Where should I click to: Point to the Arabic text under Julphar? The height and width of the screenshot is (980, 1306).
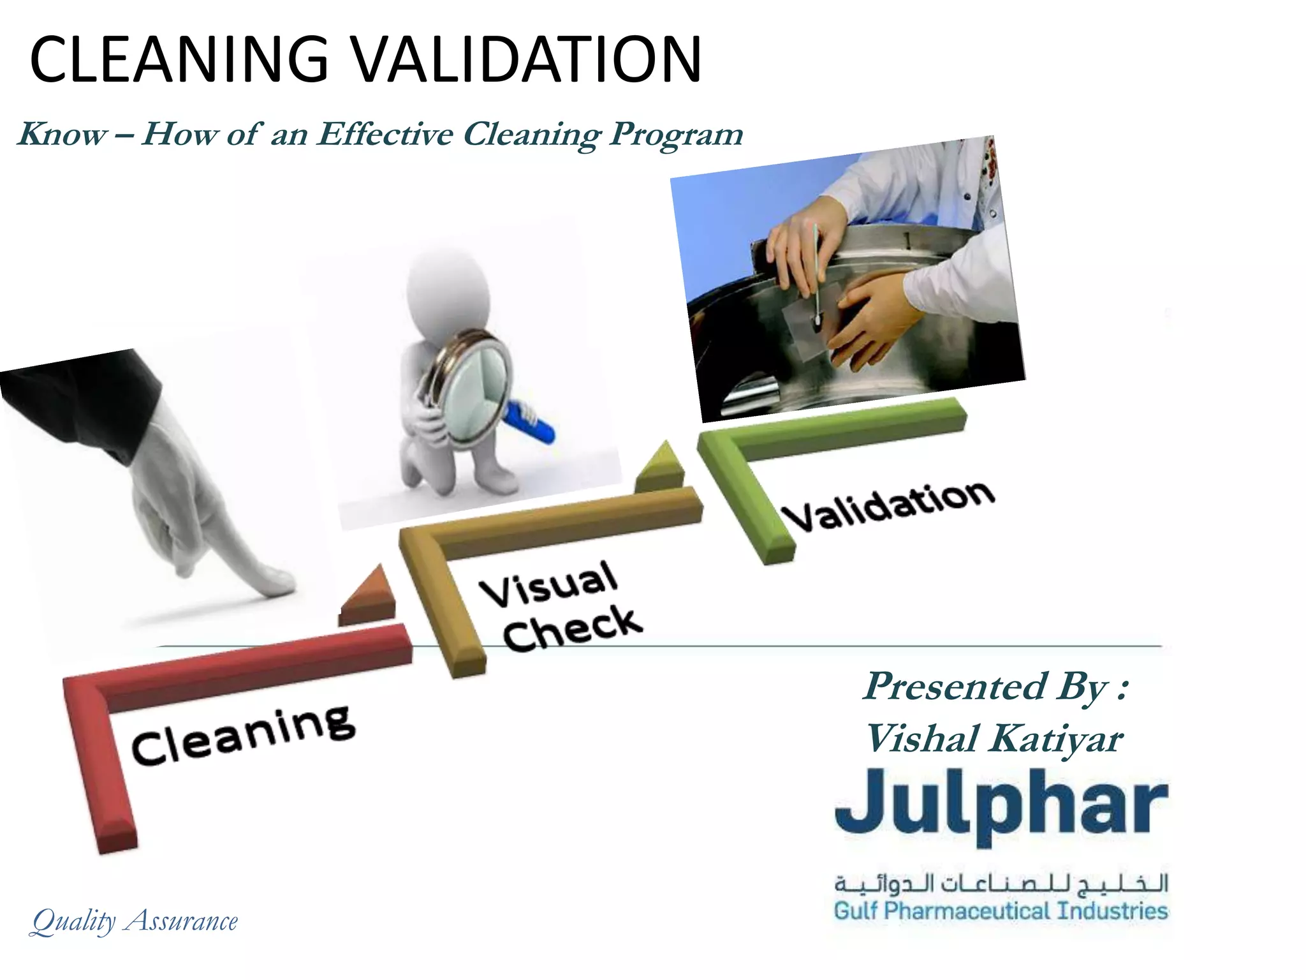(x=1001, y=884)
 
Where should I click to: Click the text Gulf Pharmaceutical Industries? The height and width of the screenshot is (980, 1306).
(x=1001, y=910)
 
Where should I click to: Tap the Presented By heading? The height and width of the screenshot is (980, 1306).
(x=995, y=687)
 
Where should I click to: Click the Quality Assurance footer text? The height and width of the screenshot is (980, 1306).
(x=135, y=921)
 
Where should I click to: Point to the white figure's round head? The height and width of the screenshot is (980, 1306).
(x=446, y=281)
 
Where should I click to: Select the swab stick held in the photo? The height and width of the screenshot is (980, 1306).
(x=816, y=268)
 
